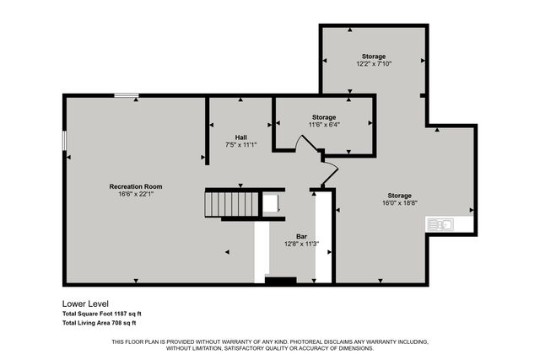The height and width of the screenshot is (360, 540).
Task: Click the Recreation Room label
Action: point(135,186)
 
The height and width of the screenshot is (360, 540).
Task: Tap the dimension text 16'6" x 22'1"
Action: point(135,195)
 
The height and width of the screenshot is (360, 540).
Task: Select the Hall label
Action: point(240,137)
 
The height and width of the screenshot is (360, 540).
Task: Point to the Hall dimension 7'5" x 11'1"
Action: point(240,145)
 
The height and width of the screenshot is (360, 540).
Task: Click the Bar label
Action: point(301,236)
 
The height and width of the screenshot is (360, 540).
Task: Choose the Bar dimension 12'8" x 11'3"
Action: point(301,244)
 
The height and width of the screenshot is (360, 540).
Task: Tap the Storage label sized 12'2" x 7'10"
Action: point(374,56)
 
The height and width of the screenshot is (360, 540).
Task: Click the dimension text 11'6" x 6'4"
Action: point(324,125)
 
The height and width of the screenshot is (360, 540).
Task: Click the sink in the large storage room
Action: point(440,223)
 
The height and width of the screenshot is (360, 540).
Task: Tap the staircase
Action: point(233,204)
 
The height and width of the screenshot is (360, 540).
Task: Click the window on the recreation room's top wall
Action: point(127,95)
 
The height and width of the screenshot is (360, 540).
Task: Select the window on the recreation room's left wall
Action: point(64,141)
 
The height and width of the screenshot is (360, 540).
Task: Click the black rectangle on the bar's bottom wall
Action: point(281,280)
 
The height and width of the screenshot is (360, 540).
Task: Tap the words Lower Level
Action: point(85,303)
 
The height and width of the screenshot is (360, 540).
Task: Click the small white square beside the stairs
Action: point(270,204)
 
